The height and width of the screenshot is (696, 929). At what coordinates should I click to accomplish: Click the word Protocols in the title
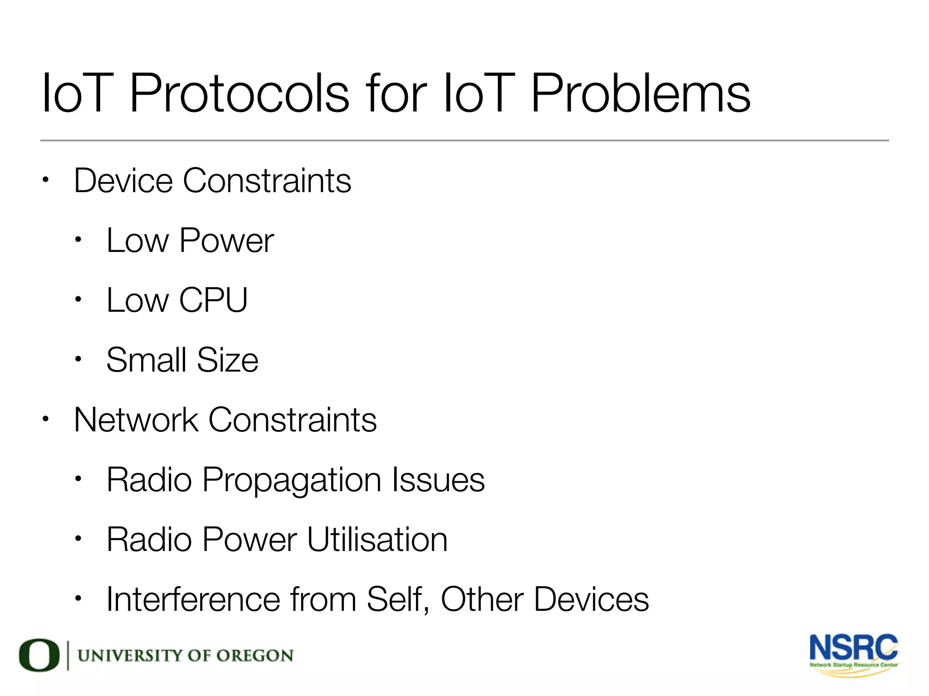pos(240,94)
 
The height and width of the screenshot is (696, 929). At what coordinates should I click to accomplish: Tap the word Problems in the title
pos(640,94)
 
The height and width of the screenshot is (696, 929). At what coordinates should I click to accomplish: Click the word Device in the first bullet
pos(123,180)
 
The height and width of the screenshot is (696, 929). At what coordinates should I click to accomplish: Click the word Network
pos(136,420)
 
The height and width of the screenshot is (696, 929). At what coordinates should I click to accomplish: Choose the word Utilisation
pos(377,539)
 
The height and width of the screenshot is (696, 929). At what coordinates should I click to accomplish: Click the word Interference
pos(193,599)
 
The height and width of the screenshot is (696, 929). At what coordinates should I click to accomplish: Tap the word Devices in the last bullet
pos(591,599)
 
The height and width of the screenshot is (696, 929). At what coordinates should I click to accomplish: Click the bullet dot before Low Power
pos(78,240)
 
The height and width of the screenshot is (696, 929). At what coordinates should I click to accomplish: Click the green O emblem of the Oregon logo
pos(39,655)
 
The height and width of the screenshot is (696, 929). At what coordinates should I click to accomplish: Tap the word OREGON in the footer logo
pos(254,656)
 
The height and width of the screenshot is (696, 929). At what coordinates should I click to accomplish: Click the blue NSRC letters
pos(853,648)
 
